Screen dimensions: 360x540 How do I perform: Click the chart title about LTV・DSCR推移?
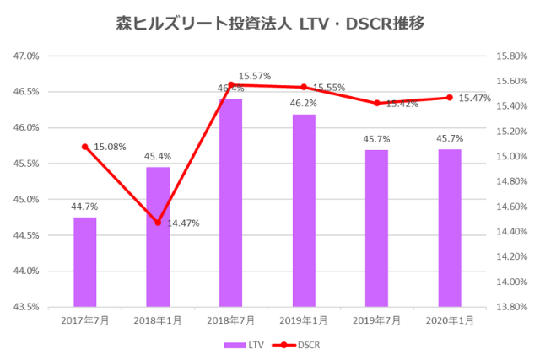pyautogui.click(x=269, y=23)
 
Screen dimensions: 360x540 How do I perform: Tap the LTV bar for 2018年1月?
pyautogui.click(x=158, y=236)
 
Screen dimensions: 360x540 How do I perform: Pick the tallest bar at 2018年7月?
pyautogui.click(x=230, y=202)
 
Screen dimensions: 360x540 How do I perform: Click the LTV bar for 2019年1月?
pyautogui.click(x=304, y=210)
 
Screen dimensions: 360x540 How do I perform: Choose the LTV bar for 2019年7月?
pyautogui.click(x=376, y=228)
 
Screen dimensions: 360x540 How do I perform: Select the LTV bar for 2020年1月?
pyautogui.click(x=450, y=228)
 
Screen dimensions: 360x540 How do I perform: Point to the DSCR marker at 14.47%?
pyautogui.click(x=158, y=223)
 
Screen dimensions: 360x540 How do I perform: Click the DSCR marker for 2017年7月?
pyautogui.click(x=84, y=147)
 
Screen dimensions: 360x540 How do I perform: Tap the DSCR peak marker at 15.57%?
pyautogui.click(x=230, y=85)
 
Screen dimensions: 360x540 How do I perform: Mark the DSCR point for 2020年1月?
pyautogui.click(x=450, y=98)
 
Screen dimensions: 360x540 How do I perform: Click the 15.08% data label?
pyautogui.click(x=110, y=147)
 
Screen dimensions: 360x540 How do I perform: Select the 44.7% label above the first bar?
pyautogui.click(x=84, y=206)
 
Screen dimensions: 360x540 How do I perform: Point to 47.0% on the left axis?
pyautogui.click(x=27, y=56)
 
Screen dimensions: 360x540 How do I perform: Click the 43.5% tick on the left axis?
pyautogui.click(x=27, y=307)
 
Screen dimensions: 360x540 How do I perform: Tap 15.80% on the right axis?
pyautogui.click(x=510, y=56)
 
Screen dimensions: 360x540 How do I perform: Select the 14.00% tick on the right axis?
pyautogui.click(x=510, y=282)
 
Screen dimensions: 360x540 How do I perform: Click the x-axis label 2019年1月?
pyautogui.click(x=304, y=321)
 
